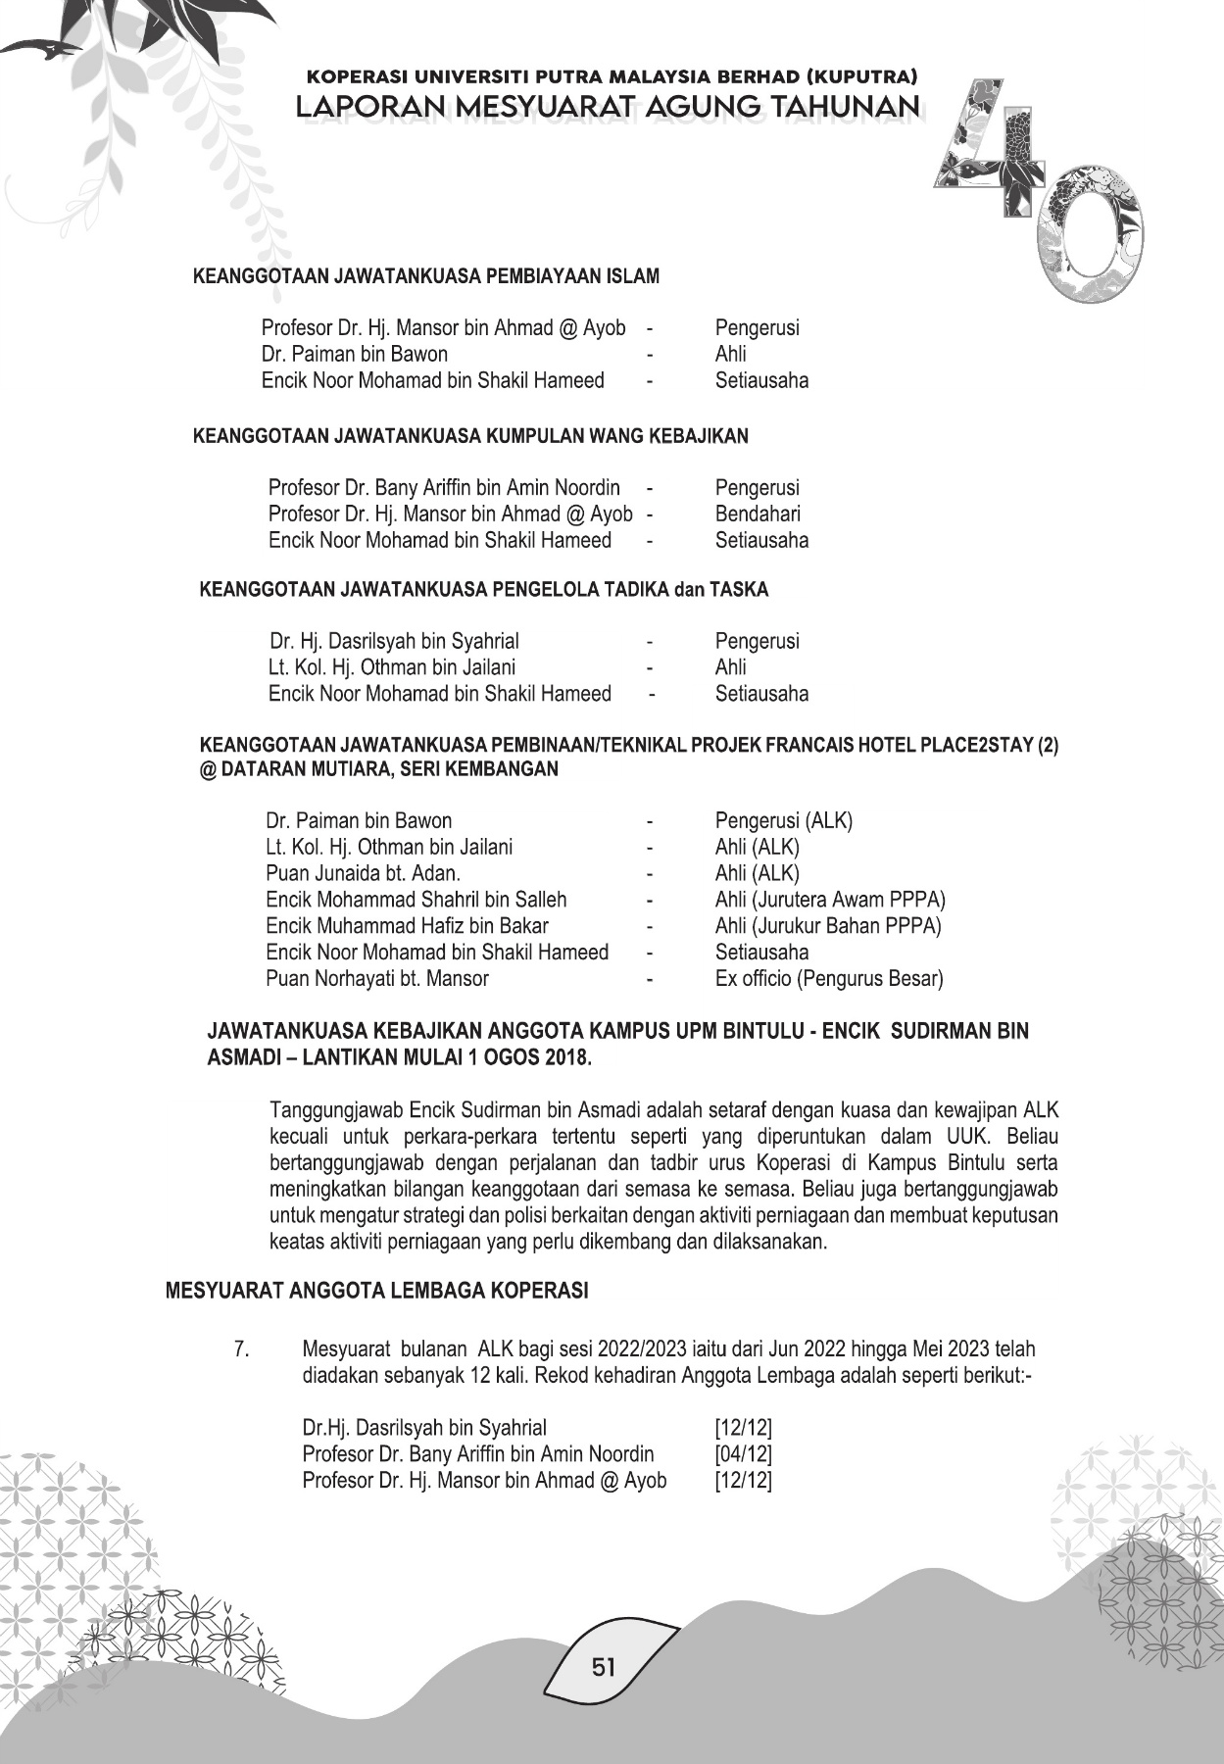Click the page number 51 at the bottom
coord(604,1665)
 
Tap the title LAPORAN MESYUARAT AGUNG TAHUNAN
coord(608,107)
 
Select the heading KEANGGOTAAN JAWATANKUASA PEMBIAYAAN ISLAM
coord(426,276)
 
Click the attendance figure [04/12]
coord(744,1454)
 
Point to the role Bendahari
coord(758,514)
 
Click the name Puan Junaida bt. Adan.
coord(363,873)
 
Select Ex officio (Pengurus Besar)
coord(829,978)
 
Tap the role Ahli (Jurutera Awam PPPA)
coord(830,900)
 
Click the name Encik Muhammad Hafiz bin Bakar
coord(407,926)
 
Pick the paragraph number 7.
coord(241,1349)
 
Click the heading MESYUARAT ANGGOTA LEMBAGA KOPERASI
coord(377,1291)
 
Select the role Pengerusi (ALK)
coord(784,820)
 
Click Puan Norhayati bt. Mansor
coord(377,978)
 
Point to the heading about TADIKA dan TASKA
coord(484,590)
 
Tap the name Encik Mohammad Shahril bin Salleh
coord(416,900)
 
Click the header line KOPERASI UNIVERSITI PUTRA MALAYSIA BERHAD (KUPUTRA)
coord(612,75)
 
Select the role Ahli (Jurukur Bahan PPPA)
coord(828,926)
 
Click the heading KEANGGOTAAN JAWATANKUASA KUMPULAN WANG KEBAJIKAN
coord(470,436)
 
